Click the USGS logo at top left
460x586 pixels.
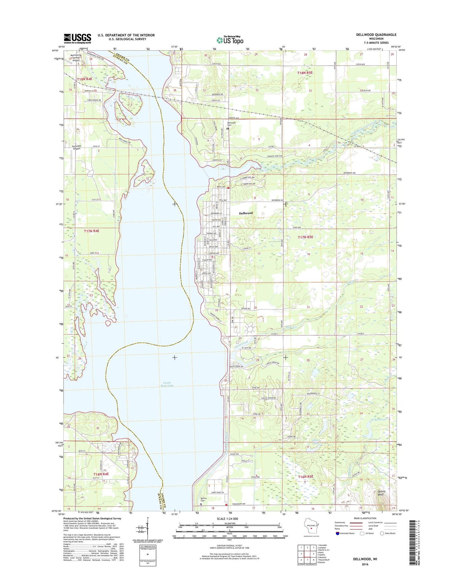[77, 38]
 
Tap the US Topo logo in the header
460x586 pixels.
[230, 40]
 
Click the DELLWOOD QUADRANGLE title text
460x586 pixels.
[376, 35]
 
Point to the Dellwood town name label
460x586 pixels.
[246, 213]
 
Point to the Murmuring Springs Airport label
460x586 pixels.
[75, 58]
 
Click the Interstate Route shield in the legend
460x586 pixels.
[338, 533]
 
